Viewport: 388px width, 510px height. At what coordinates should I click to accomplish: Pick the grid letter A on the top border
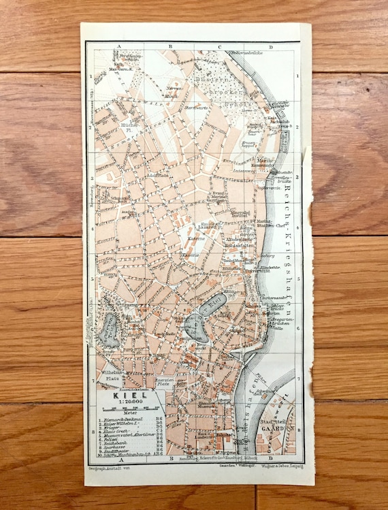tap(120, 47)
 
